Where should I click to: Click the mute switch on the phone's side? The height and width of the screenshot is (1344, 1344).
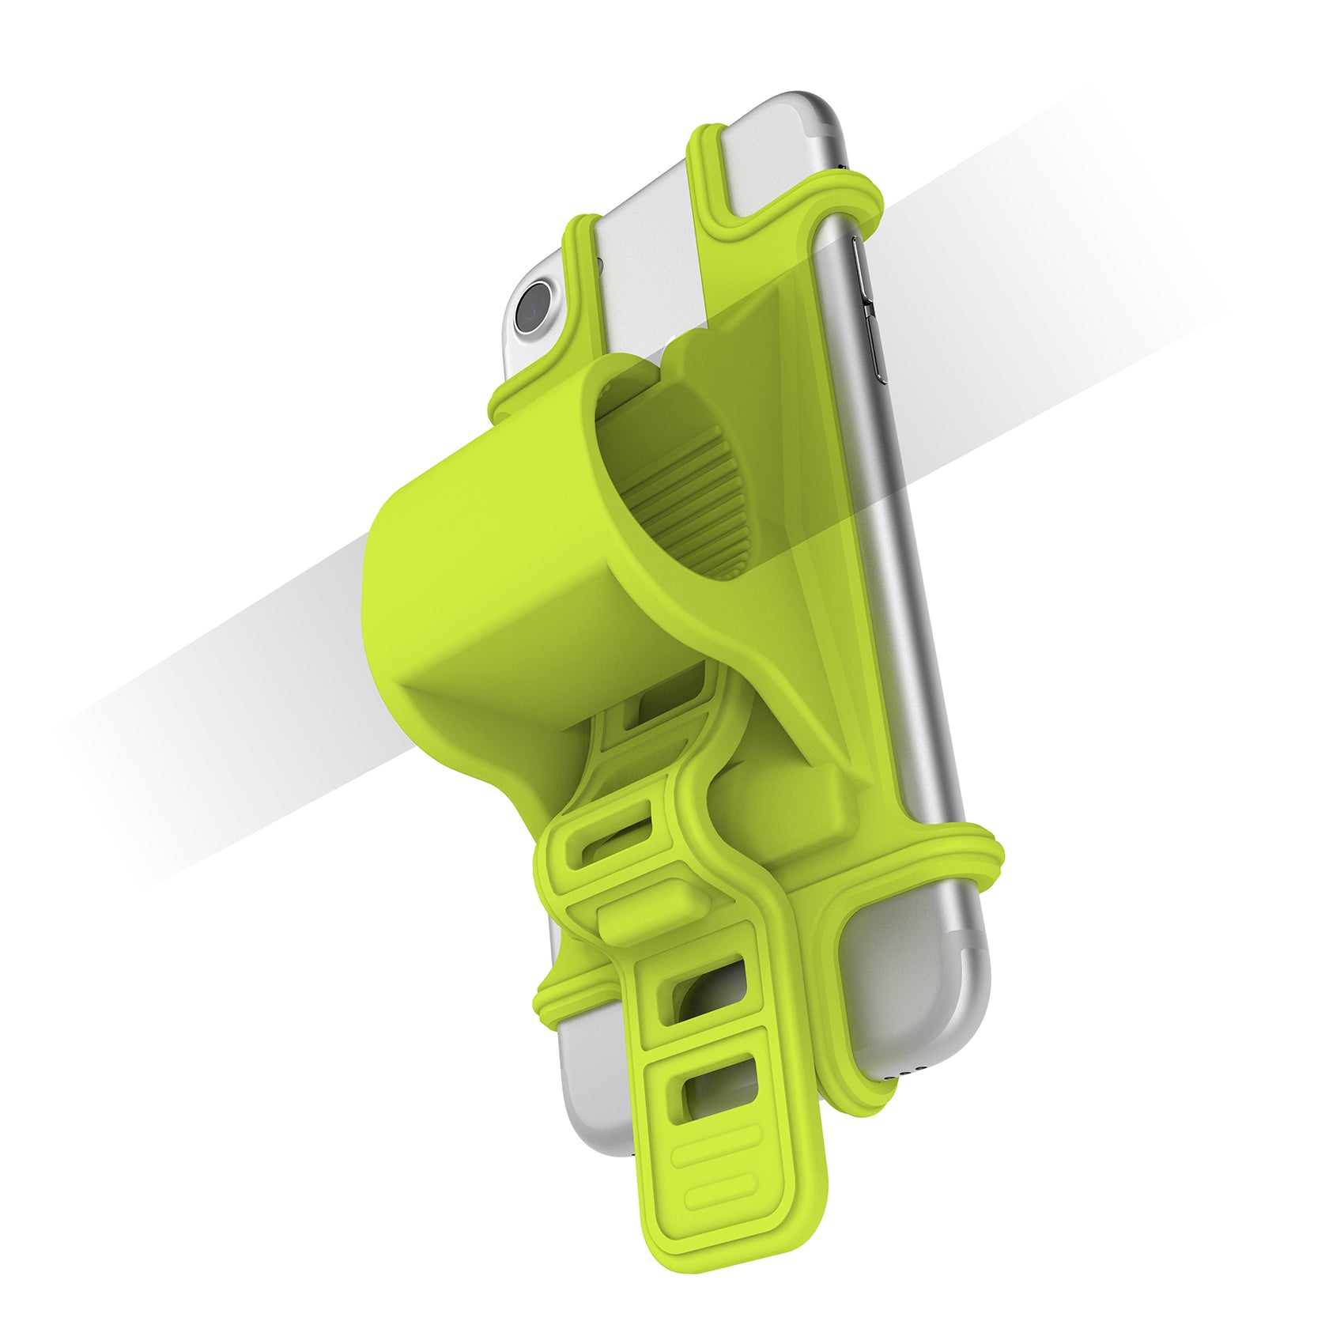(x=862, y=261)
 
